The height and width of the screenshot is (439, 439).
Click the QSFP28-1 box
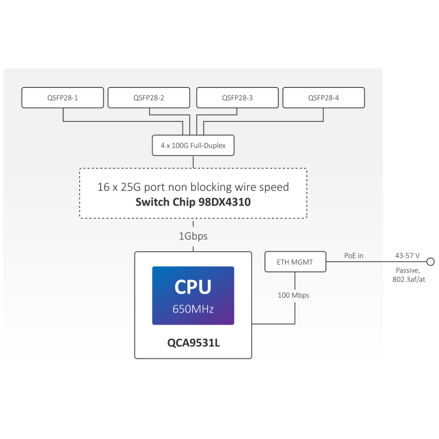62,98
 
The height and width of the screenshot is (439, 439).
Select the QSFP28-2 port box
149,98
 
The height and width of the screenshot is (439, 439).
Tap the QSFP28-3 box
237,98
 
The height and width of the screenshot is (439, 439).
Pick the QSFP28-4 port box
323,98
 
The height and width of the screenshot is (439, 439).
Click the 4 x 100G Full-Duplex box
193,145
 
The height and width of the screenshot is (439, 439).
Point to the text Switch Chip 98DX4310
193,202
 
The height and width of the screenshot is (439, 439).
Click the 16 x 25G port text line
193,187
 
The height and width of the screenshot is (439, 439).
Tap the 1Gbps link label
193,236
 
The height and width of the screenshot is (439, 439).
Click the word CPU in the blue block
193,287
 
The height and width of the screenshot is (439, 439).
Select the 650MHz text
193,309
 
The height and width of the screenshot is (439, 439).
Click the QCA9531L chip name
193,342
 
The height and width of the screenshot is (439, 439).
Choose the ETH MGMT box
295,262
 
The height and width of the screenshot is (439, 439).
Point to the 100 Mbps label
294,295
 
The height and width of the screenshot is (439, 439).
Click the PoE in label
354,255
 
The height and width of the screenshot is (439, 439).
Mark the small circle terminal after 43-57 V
431,262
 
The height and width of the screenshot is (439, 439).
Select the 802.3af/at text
409,279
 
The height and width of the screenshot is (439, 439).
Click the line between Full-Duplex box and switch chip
193,161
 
